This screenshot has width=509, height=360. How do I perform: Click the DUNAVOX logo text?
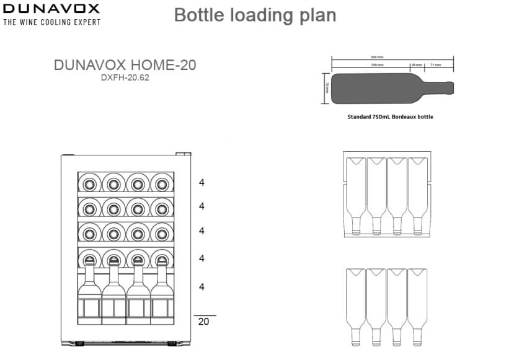[51, 9]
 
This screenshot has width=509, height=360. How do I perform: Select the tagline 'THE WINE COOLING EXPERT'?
[51, 22]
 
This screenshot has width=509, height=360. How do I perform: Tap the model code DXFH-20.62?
[125, 78]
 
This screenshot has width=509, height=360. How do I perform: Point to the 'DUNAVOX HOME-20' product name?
[125, 65]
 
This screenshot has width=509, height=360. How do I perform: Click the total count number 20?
[203, 321]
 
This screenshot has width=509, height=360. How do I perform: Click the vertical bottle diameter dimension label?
[327, 89]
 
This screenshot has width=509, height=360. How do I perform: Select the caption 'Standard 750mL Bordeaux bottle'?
[390, 116]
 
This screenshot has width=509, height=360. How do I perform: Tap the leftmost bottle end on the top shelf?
[89, 183]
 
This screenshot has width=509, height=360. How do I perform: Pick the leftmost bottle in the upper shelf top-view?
[355, 192]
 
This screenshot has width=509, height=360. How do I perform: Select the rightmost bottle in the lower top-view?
[417, 304]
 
